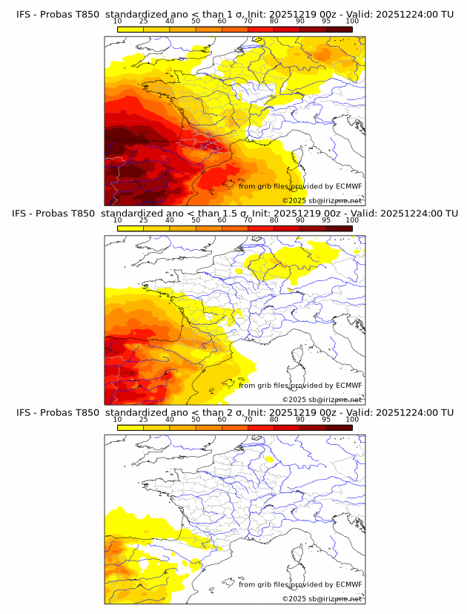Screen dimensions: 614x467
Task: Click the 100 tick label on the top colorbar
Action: tap(352, 21)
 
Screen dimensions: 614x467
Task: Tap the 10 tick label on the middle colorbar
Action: tap(118, 220)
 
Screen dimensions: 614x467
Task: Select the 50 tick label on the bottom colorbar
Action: tap(196, 420)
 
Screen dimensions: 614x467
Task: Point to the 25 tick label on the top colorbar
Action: tap(144, 21)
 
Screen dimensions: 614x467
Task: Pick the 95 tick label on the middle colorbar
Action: tap(326, 220)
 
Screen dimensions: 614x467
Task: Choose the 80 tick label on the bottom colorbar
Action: tap(274, 420)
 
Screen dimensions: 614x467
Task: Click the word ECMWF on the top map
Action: tap(348, 186)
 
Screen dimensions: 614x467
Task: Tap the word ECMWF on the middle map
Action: tap(348, 386)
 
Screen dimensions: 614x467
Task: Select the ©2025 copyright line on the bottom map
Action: tap(322, 599)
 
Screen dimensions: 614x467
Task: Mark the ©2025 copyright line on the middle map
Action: tap(322, 400)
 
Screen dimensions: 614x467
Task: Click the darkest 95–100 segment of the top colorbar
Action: tap(340, 29)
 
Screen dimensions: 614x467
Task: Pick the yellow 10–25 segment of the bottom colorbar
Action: tap(130, 428)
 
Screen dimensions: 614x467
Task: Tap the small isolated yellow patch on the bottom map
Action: tap(269, 460)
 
